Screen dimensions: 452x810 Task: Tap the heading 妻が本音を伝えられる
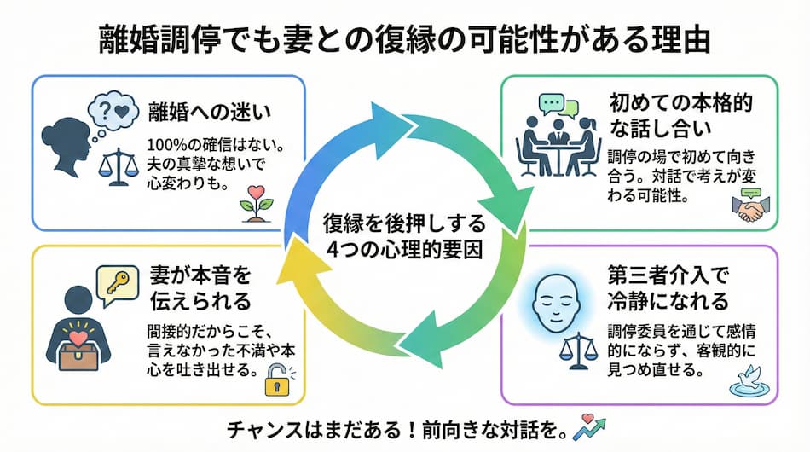coord(197,289)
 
